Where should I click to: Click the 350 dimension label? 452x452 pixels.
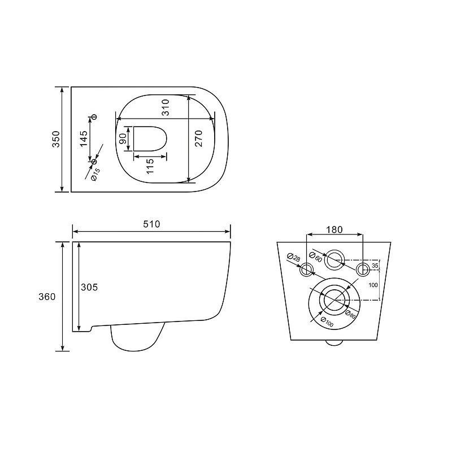56,139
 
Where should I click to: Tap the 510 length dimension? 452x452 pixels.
151,224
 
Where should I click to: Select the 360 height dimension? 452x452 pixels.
47,296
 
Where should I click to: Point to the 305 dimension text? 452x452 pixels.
89,287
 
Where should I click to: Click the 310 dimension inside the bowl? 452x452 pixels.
166,107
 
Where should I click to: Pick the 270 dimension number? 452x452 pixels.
199,138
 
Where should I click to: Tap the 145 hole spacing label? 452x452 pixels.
84,138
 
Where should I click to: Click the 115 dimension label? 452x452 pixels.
150,166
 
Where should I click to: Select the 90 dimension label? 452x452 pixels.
122,138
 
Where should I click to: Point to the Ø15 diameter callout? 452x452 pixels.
95,175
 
